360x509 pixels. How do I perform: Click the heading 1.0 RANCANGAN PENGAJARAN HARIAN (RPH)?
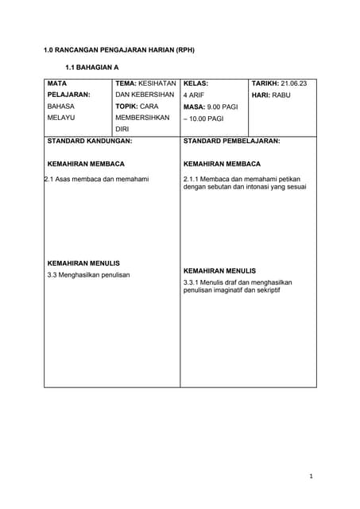point(118,50)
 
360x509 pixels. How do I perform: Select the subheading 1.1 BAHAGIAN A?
point(91,68)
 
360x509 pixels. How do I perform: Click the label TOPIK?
point(127,106)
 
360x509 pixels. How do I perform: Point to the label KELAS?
point(195,83)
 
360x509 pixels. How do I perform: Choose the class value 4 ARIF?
point(194,95)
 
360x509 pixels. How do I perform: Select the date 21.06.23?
point(295,83)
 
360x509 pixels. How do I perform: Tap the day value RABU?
point(281,95)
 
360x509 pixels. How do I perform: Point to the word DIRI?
point(122,128)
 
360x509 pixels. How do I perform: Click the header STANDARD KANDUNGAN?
point(90,140)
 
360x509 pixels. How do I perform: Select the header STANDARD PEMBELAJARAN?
point(231,140)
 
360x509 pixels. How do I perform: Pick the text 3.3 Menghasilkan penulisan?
point(87,274)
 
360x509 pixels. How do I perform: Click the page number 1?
point(312,476)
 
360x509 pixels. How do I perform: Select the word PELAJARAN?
point(68,94)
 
